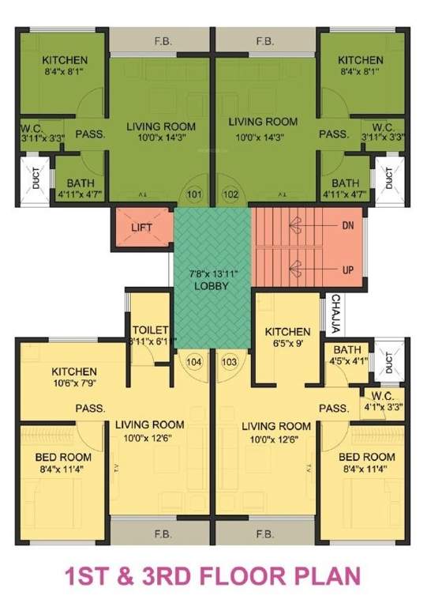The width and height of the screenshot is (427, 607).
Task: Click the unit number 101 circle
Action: [x=194, y=193]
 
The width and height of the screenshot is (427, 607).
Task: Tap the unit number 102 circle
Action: [x=231, y=193]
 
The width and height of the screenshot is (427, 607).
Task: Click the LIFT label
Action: [x=142, y=228]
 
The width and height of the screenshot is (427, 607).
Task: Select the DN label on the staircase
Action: [x=348, y=225]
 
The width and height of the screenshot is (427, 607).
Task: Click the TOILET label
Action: [x=148, y=329]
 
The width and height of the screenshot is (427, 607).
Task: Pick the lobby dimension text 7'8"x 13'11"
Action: [x=209, y=273]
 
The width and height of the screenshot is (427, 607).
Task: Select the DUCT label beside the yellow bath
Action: [x=388, y=360]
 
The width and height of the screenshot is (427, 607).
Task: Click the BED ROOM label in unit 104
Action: [x=63, y=457]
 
